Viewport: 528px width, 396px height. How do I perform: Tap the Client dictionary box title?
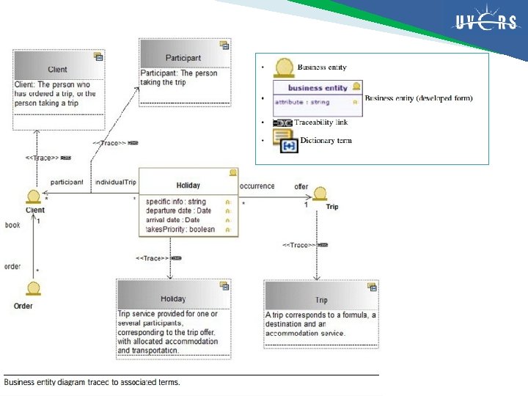pyautogui.click(x=57, y=70)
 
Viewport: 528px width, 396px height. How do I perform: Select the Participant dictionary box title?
pyautogui.click(x=184, y=58)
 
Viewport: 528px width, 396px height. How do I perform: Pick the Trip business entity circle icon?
pyautogui.click(x=320, y=194)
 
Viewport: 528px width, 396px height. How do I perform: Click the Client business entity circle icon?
pyautogui.click(x=34, y=197)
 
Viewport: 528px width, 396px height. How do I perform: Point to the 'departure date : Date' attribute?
pyautogui.click(x=178, y=210)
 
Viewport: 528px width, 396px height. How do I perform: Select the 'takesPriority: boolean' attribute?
pyautogui.click(x=180, y=229)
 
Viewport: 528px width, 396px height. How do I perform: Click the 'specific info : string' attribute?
pyautogui.click(x=176, y=202)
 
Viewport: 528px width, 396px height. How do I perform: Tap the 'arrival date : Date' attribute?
pyautogui.click(x=173, y=219)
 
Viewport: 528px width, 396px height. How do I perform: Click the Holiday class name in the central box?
pyautogui.click(x=188, y=186)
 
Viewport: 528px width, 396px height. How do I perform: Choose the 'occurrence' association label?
pyautogui.click(x=257, y=186)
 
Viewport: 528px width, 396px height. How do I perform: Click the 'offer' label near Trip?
pyautogui.click(x=301, y=187)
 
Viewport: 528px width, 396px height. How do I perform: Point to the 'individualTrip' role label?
pyautogui.click(x=116, y=181)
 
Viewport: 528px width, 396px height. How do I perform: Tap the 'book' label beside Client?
pyautogui.click(x=12, y=225)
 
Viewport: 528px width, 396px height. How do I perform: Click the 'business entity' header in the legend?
pyautogui.click(x=318, y=88)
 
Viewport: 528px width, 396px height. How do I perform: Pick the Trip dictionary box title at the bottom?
pyautogui.click(x=321, y=300)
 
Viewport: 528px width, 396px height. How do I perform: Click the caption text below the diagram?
pyautogui.click(x=92, y=382)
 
